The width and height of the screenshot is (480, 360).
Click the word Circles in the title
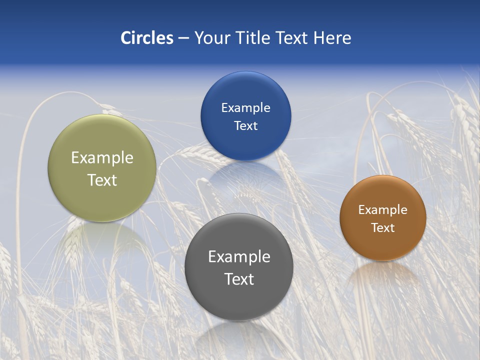click(x=147, y=38)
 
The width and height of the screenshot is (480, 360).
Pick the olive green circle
click(x=102, y=200)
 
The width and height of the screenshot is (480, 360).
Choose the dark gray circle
click(x=238, y=300)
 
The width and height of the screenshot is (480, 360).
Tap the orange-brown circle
click(x=383, y=245)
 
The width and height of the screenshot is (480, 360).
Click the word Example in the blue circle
click(x=245, y=108)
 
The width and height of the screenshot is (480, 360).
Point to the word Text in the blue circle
click(x=245, y=126)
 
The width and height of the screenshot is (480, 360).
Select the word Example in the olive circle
click(x=102, y=158)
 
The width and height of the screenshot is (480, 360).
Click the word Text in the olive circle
click(x=102, y=180)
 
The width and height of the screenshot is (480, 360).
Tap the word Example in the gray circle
click(x=239, y=257)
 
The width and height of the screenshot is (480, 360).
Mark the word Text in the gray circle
click(x=239, y=279)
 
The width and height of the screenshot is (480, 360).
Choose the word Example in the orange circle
click(x=383, y=210)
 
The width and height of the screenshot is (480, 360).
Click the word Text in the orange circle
click(x=383, y=228)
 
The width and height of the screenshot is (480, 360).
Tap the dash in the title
click(x=183, y=38)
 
